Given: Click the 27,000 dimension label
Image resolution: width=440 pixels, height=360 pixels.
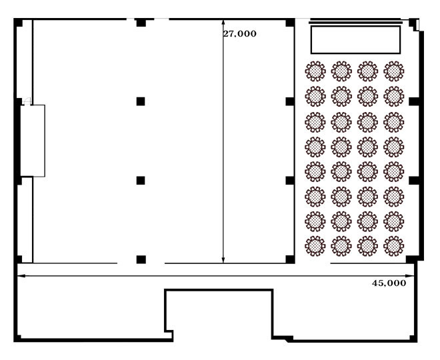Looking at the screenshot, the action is pyautogui.click(x=239, y=34).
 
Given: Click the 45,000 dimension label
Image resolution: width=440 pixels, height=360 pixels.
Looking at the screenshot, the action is pyautogui.click(x=389, y=283).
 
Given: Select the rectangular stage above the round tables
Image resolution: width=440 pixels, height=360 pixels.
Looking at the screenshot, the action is pyautogui.click(x=355, y=40).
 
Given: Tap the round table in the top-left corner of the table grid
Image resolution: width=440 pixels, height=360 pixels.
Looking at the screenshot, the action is pyautogui.click(x=315, y=71).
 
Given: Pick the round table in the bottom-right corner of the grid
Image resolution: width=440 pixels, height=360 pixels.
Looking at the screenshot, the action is pyautogui.click(x=394, y=246).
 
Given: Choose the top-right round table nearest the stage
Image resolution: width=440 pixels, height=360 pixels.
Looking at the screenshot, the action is pyautogui.click(x=394, y=71).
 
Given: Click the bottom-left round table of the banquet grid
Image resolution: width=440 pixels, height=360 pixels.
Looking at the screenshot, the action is pyautogui.click(x=315, y=246).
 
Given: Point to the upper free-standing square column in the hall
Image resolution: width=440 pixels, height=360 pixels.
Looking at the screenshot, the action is pyautogui.click(x=141, y=101).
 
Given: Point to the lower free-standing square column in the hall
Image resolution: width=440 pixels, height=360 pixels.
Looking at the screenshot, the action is pyautogui.click(x=141, y=181).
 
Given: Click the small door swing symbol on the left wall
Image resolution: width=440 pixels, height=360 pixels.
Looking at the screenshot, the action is pyautogui.click(x=27, y=101).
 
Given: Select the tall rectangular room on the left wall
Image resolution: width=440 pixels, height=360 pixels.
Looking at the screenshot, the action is pyautogui.click(x=33, y=141).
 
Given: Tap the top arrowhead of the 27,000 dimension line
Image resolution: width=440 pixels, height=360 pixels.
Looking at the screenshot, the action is pyautogui.click(x=223, y=21).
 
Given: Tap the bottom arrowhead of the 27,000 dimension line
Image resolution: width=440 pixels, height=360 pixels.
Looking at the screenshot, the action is pyautogui.click(x=223, y=261).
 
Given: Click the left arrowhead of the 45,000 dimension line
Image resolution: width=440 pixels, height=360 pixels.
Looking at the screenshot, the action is pyautogui.click(x=19, y=276).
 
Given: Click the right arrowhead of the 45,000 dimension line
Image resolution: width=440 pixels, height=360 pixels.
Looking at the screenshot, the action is pyautogui.click(x=412, y=276).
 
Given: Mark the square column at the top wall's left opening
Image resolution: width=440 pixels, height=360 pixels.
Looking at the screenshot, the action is pyautogui.click(x=141, y=23).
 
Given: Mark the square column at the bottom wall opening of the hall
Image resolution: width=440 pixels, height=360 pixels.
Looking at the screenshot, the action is pyautogui.click(x=141, y=259).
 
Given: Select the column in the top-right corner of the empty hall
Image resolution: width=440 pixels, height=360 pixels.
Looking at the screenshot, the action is pyautogui.click(x=290, y=23).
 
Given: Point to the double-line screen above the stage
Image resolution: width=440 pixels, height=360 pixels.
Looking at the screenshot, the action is pyautogui.click(x=355, y=21).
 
